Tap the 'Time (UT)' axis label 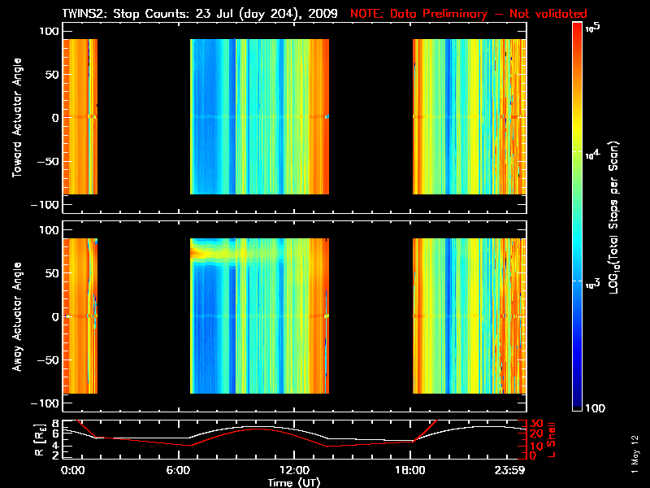click(x=294, y=482)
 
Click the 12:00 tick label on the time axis click(x=294, y=470)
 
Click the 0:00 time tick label click(x=73, y=470)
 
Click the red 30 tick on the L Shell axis click(x=537, y=424)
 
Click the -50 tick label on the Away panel click(x=47, y=360)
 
